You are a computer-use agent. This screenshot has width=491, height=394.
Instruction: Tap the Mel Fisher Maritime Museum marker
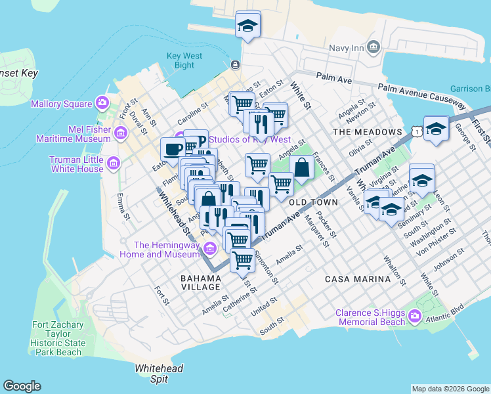point(120,134)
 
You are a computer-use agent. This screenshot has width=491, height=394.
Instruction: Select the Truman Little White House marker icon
point(113,163)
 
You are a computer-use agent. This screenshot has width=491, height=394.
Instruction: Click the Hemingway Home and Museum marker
point(209,248)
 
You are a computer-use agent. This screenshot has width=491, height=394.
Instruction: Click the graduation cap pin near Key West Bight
point(247,26)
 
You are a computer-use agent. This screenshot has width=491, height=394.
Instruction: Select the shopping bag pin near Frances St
point(301,168)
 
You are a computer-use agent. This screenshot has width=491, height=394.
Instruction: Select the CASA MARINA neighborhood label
point(358,279)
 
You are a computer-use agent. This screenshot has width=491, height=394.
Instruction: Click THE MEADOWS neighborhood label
point(367,132)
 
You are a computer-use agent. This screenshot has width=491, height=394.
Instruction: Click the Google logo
point(22,386)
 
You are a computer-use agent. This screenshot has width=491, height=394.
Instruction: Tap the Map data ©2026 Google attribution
point(450,389)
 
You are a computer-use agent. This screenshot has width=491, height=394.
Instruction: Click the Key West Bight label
point(180,60)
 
